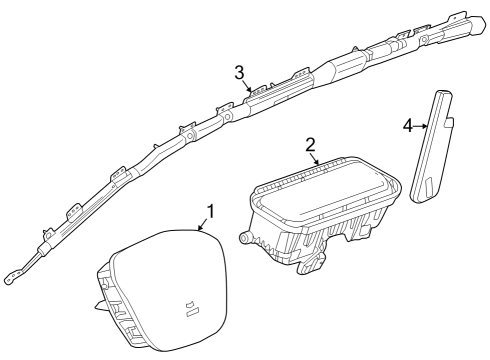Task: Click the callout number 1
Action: click(x=210, y=211)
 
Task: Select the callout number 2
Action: click(x=310, y=145)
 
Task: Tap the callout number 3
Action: click(x=239, y=73)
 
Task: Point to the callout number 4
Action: click(x=408, y=126)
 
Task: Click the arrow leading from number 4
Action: click(x=421, y=126)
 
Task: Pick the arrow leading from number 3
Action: click(x=247, y=86)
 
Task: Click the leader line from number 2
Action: click(x=314, y=159)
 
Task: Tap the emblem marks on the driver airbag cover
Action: click(x=191, y=307)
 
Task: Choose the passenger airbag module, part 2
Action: click(x=319, y=213)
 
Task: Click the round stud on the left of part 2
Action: click(x=244, y=237)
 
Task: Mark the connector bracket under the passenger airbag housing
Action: click(x=311, y=262)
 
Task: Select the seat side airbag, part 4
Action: click(x=431, y=146)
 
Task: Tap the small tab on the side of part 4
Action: click(x=449, y=123)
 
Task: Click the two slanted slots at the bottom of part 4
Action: click(x=427, y=185)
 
